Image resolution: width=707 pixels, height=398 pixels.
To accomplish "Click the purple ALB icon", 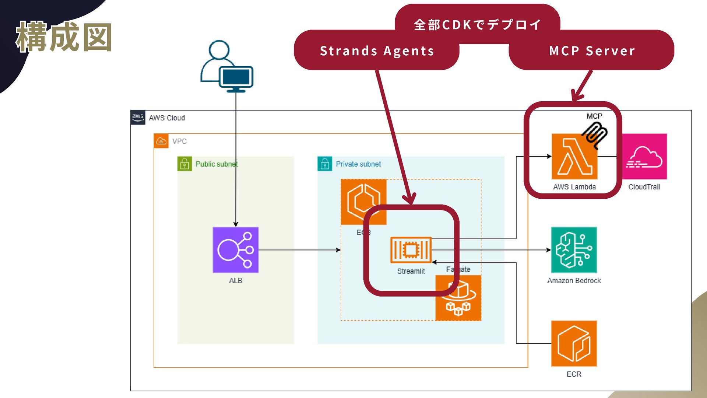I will click(236, 250).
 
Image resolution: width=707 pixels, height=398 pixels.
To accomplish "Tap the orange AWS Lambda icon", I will click(574, 157).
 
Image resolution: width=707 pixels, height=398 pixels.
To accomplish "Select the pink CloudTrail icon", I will click(644, 157).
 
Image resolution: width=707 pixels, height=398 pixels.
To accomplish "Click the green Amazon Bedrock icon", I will click(574, 250).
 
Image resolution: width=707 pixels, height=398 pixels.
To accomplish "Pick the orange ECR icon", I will click(574, 343).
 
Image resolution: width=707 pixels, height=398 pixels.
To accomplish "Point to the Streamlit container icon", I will click(411, 250).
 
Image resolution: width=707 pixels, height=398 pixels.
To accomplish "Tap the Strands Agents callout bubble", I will click(377, 50).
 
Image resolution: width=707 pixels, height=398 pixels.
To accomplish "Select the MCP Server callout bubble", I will click(591, 50).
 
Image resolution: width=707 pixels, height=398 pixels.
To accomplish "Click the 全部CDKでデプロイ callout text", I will click(478, 25).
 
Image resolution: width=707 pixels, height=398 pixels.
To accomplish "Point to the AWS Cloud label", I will click(167, 118).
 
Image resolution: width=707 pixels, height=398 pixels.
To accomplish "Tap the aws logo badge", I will click(138, 118).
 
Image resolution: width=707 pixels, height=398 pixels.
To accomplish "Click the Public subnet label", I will click(217, 164).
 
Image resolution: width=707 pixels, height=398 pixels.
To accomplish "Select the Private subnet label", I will click(358, 164).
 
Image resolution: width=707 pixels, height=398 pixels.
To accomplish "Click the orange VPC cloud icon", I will click(161, 141).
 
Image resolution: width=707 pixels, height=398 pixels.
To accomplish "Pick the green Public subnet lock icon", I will click(184, 164).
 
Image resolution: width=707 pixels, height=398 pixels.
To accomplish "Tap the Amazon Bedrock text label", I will click(574, 280).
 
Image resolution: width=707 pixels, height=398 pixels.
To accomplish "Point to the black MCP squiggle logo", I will click(595, 135).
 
